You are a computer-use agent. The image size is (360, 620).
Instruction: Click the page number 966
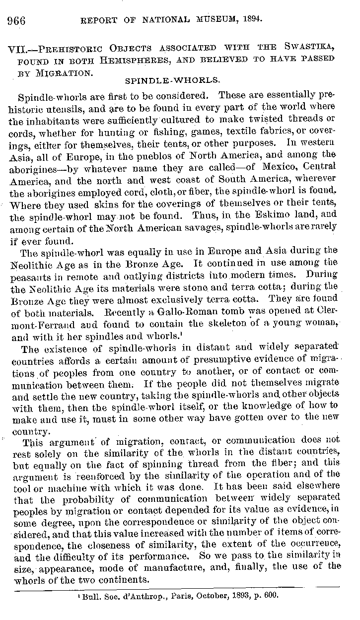tap(16, 20)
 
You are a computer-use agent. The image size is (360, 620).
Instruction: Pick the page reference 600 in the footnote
tap(276, 594)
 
